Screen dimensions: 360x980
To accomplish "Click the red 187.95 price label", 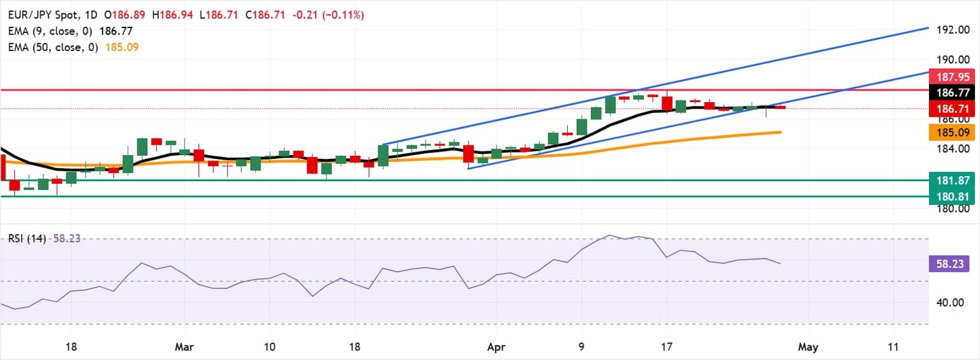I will [x=953, y=78].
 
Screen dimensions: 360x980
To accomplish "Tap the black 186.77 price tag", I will [x=953, y=93].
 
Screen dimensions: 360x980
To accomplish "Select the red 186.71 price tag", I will [x=953, y=109].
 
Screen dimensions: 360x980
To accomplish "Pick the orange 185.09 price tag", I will [x=953, y=133].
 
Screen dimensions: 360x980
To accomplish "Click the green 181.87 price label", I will [x=953, y=180].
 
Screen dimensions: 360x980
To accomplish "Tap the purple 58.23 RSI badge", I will [x=953, y=263].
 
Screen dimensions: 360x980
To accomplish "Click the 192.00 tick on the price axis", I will [x=953, y=30].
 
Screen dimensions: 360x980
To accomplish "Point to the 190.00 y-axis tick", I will [x=953, y=59].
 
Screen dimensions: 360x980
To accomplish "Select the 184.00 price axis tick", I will [x=953, y=149].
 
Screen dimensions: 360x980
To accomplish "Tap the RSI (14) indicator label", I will [x=27, y=239].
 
